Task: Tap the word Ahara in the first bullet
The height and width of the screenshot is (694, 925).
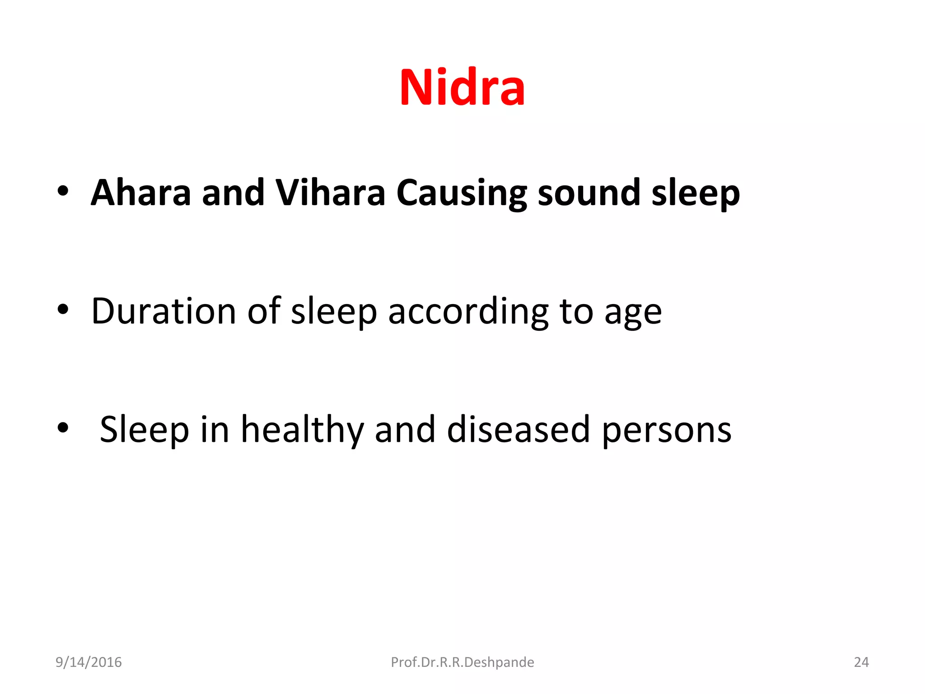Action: point(141,193)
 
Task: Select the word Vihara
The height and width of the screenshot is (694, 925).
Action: point(330,193)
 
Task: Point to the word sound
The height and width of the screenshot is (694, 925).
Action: point(589,193)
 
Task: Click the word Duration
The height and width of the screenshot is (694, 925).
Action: point(164,311)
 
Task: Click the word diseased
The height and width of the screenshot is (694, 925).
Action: point(518,429)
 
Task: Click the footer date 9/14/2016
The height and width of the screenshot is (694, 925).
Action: point(89,662)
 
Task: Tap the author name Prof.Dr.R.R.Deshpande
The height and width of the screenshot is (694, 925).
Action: point(462,662)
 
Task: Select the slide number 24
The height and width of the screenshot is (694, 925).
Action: point(861,662)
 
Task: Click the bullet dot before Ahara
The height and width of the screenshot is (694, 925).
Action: point(63,191)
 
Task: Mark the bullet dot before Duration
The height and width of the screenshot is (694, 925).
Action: point(63,310)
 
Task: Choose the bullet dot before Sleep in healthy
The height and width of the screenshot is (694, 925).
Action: point(63,427)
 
